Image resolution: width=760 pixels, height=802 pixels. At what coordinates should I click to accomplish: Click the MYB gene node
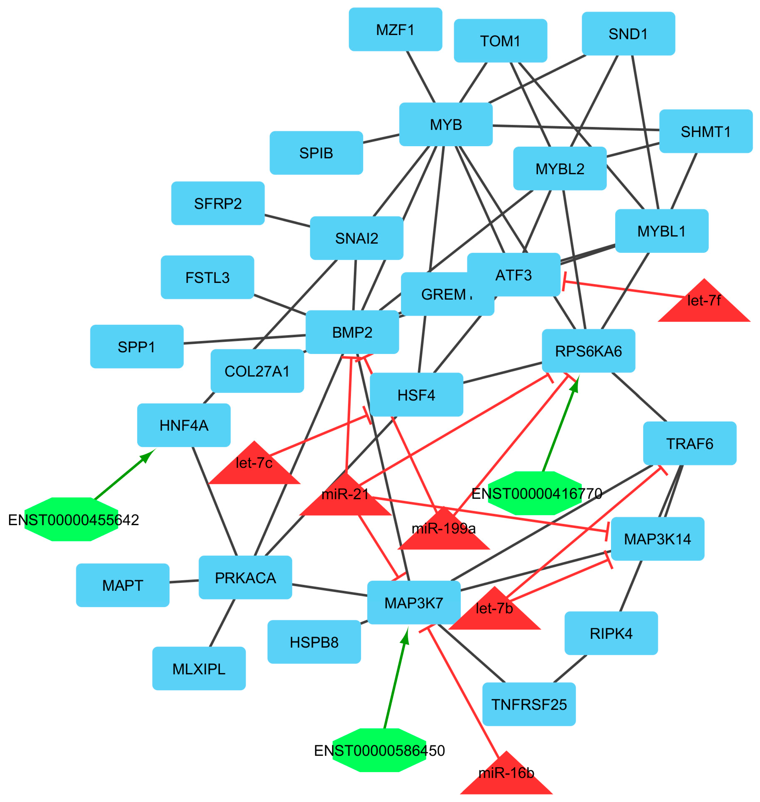(446, 124)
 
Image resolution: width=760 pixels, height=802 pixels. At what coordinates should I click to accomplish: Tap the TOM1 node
(500, 41)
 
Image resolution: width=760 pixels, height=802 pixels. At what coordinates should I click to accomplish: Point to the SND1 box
(628, 34)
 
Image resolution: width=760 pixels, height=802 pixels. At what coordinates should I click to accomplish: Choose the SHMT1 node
(706, 131)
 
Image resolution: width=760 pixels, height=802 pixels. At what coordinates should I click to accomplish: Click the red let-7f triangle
(704, 305)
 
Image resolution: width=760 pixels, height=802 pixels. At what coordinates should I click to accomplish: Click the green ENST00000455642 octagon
(71, 519)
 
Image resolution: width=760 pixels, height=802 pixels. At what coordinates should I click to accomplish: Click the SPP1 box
(136, 347)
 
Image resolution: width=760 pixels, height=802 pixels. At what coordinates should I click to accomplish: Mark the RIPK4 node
(611, 633)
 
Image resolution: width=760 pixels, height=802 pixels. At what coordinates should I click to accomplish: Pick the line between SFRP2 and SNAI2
(287, 220)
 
